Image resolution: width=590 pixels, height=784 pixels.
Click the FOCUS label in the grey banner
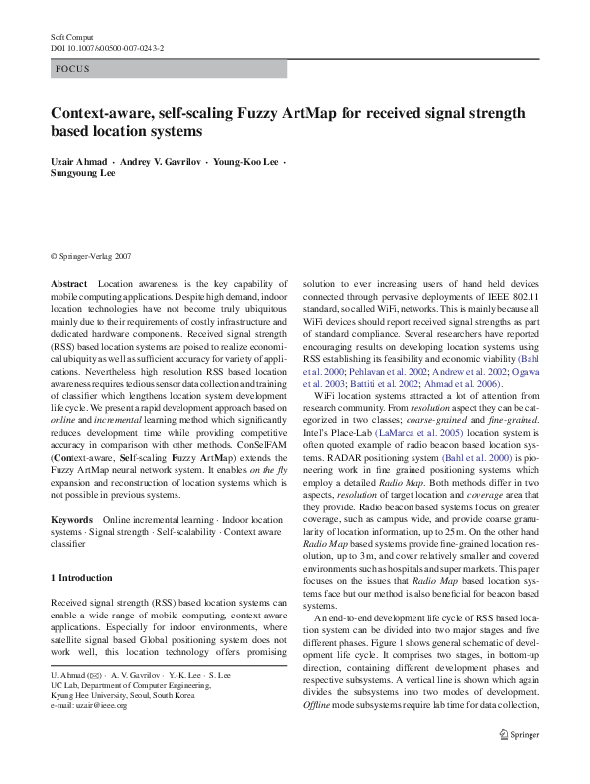pyautogui.click(x=73, y=69)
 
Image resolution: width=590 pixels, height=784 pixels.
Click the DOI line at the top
pyautogui.click(x=107, y=47)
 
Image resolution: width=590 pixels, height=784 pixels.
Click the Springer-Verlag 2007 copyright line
pyautogui.click(x=90, y=255)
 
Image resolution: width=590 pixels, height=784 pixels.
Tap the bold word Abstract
pyautogui.click(x=68, y=283)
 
